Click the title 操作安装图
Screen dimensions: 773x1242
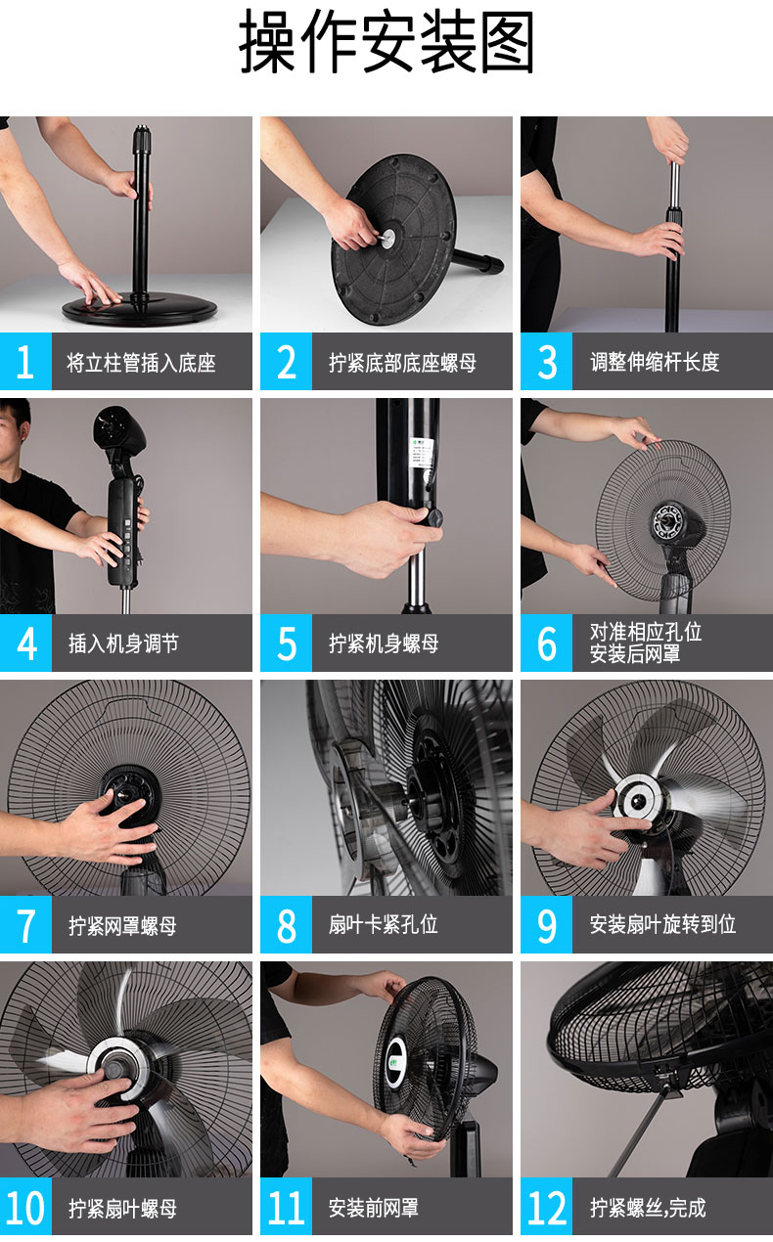point(386,42)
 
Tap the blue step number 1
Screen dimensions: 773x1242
point(25,362)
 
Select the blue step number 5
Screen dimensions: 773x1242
point(287,643)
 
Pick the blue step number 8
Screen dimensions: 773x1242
point(287,925)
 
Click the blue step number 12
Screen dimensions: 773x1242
point(547,1209)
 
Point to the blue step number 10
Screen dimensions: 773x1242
point(25,1209)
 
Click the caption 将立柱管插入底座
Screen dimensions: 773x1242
point(141,363)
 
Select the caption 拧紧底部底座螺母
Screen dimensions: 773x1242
point(402,363)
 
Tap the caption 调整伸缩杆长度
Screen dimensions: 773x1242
point(655,362)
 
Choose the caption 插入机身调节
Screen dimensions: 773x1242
point(123,643)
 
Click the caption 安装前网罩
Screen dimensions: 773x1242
point(374,1208)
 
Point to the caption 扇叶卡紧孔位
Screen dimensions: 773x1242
point(383,924)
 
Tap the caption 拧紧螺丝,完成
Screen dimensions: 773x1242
point(648,1208)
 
